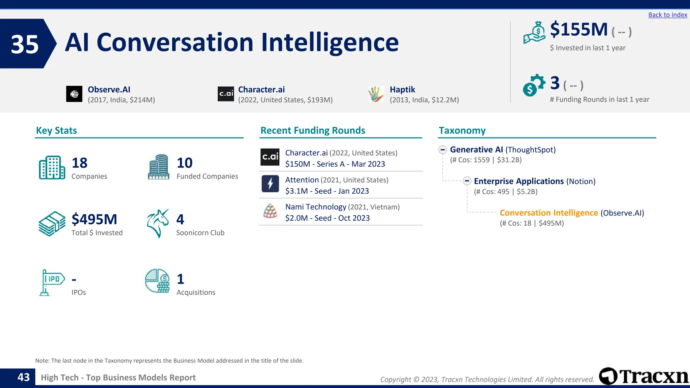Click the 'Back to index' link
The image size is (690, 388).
[x=667, y=15]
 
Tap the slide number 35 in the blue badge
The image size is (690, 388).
[x=25, y=44]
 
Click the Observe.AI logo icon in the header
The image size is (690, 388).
[x=74, y=94]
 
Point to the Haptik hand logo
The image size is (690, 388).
[x=376, y=94]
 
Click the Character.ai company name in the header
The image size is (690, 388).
[x=261, y=90]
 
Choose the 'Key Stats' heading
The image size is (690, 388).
[x=56, y=131]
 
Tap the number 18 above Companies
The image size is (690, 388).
[x=80, y=163]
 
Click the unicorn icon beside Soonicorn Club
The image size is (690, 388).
[x=158, y=224]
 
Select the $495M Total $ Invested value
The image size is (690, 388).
[x=94, y=220]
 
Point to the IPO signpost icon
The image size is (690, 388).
[x=52, y=282]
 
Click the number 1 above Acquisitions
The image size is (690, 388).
[x=181, y=279]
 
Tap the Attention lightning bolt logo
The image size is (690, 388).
[x=270, y=184]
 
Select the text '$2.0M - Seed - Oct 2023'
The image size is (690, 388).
[x=327, y=218]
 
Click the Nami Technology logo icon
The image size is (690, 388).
[x=270, y=211]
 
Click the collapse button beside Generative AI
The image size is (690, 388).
[x=443, y=150]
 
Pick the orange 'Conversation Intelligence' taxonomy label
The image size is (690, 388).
[x=548, y=213]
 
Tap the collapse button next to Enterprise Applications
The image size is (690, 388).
[x=467, y=181]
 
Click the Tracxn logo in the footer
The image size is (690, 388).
[x=644, y=376]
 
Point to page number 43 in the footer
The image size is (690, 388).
[x=24, y=377]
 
